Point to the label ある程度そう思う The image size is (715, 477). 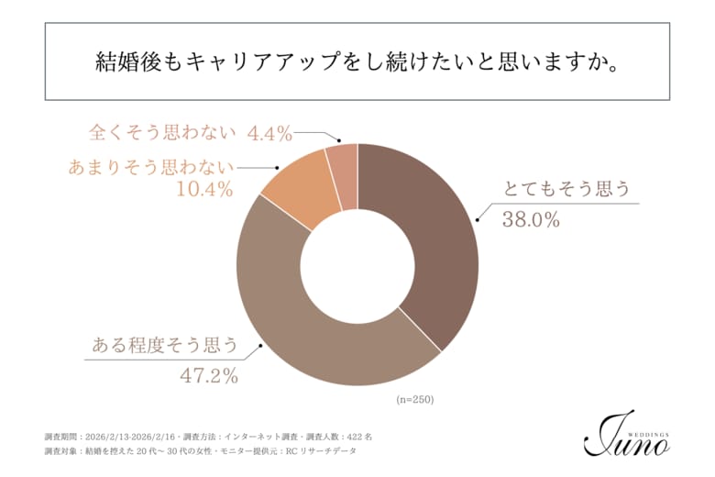[165, 346]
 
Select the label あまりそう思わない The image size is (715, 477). [151, 167]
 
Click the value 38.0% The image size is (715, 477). [531, 220]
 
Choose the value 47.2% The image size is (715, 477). [209, 375]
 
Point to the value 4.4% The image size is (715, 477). [269, 133]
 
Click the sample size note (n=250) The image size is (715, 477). [414, 400]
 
